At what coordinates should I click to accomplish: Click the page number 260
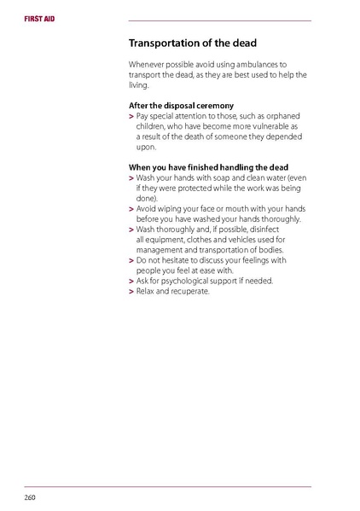[x=29, y=496]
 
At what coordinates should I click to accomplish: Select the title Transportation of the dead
[x=192, y=43]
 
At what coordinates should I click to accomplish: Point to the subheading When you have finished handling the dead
[x=208, y=166]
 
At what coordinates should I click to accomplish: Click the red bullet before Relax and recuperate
[x=131, y=292]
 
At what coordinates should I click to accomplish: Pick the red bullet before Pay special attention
[x=131, y=116]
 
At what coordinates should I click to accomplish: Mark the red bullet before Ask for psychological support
[x=131, y=282]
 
